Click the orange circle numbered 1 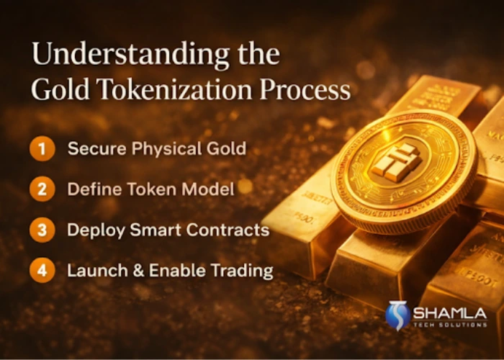click(x=42, y=150)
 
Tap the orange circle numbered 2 click(x=42, y=190)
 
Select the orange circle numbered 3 click(x=42, y=230)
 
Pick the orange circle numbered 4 click(x=42, y=271)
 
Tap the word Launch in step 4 click(x=92, y=271)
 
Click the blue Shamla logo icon click(x=397, y=315)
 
